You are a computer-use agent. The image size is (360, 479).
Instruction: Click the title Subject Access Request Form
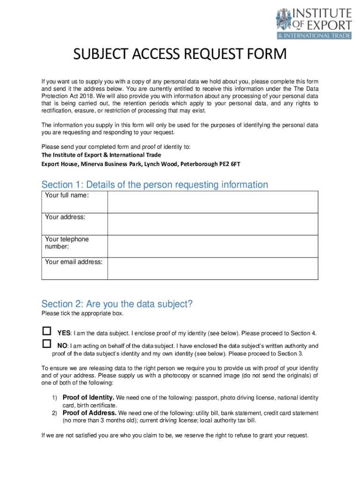point(180,55)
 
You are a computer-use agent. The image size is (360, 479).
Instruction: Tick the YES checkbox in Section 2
point(46,331)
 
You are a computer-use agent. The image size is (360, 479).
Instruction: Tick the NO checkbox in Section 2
point(46,344)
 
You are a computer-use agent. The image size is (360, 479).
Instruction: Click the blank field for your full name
point(213,202)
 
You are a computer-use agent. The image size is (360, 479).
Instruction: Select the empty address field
point(213,224)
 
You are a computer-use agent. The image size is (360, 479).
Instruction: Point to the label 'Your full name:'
point(66,195)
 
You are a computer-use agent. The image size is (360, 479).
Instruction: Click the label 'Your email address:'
point(74,262)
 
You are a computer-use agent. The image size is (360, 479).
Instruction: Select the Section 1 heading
point(155,184)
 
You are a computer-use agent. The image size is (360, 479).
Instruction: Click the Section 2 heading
point(117,304)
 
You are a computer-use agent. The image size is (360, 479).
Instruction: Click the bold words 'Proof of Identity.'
point(88,398)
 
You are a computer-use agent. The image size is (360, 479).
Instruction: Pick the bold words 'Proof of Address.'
point(90,413)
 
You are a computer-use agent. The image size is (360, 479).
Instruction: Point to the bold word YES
point(64,334)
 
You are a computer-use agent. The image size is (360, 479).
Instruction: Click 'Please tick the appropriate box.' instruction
point(82,313)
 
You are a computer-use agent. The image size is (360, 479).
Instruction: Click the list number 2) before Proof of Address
point(54,414)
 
